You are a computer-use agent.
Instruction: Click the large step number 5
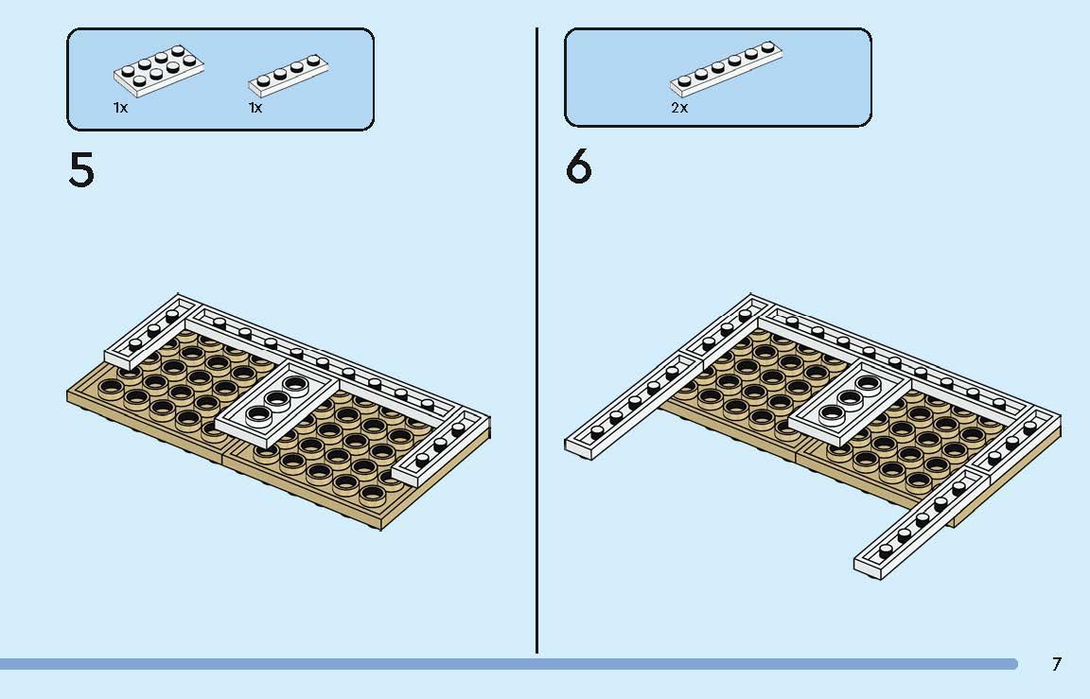point(81,169)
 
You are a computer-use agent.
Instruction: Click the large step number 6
point(578,168)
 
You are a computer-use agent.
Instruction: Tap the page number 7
point(1057,664)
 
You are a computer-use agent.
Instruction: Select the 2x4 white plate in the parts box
point(159,70)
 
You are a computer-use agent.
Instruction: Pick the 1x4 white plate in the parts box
point(289,75)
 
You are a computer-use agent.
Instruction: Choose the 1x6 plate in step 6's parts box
point(727,68)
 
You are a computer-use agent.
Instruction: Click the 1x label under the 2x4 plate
point(120,108)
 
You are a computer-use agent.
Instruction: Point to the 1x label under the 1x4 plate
point(255,108)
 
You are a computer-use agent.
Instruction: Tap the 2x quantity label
point(679,108)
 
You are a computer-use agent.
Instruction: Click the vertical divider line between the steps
point(536,341)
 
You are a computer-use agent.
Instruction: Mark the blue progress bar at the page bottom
point(509,664)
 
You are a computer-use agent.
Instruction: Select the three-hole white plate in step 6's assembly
point(852,404)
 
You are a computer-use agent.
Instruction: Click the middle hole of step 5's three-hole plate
point(276,399)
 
